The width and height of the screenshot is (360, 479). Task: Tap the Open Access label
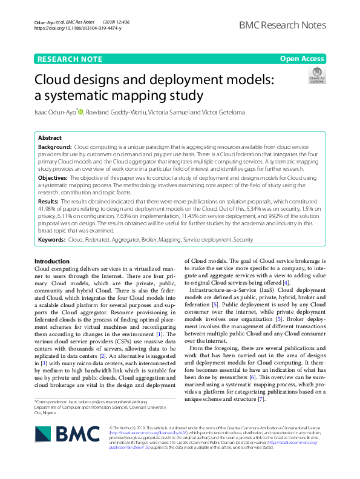(302, 59)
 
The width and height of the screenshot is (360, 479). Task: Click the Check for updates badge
(316, 76)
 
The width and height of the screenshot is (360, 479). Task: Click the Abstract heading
(50, 138)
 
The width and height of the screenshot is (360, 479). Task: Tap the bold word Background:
(55, 147)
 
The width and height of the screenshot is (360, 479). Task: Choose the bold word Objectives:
(53, 179)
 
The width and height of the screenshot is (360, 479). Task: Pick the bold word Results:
(48, 200)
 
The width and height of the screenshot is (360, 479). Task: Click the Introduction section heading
(53, 260)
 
